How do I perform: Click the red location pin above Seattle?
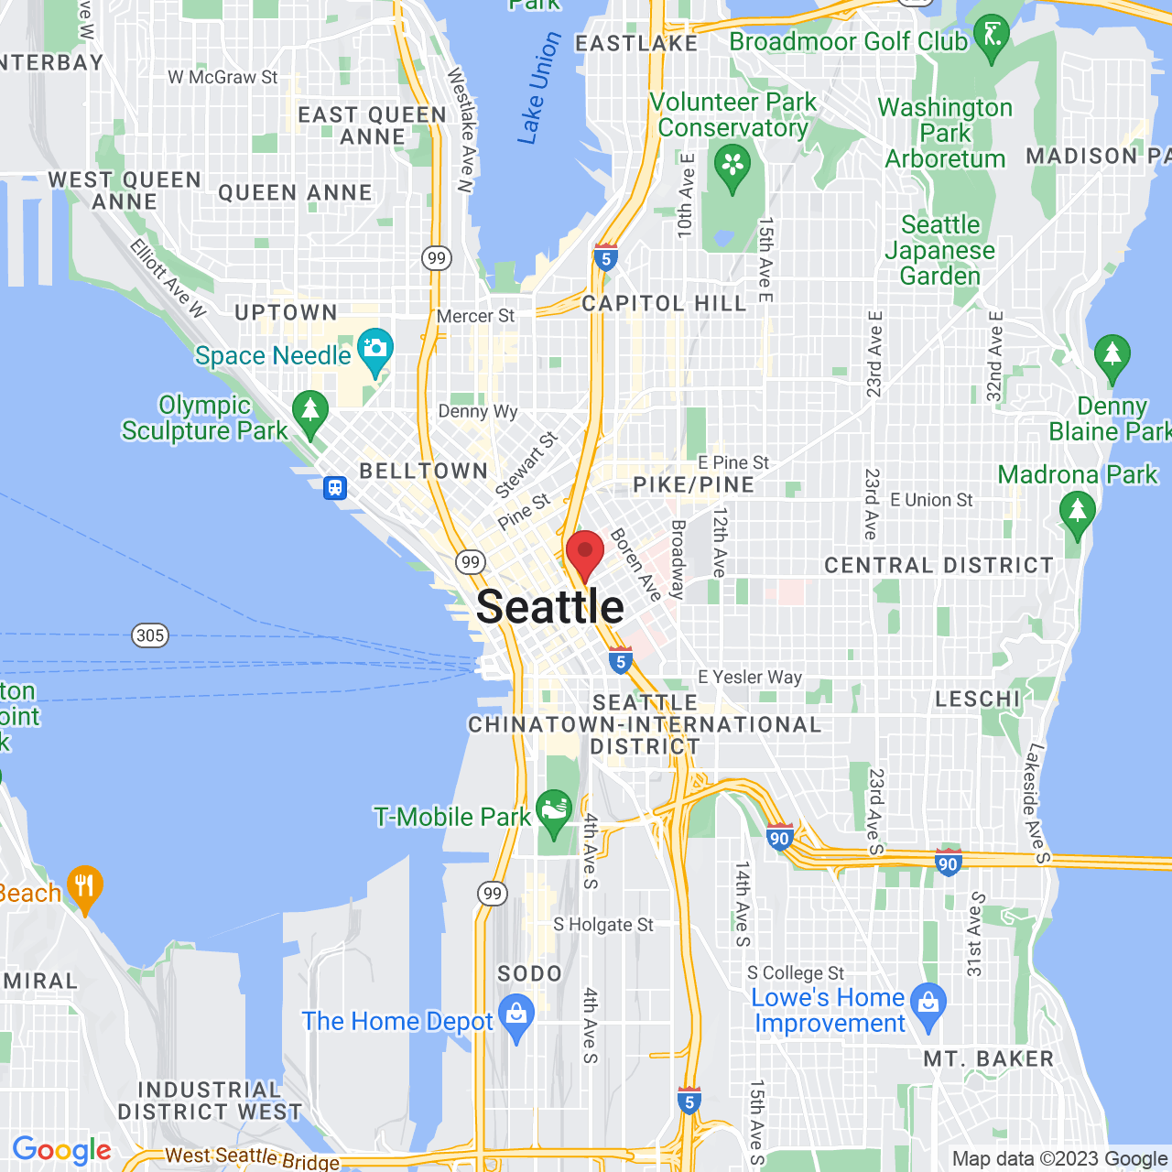pyautogui.click(x=585, y=553)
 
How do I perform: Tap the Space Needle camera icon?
pyautogui.click(x=374, y=350)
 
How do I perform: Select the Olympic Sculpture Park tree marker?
pyautogui.click(x=309, y=412)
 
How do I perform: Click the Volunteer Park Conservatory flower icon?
pyautogui.click(x=732, y=168)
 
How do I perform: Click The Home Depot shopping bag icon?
pyautogui.click(x=517, y=1015)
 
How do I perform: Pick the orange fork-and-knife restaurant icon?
pyautogui.click(x=84, y=886)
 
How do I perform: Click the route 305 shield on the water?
pyautogui.click(x=150, y=635)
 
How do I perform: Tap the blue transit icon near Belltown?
pyautogui.click(x=335, y=487)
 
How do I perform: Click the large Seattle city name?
pyautogui.click(x=550, y=607)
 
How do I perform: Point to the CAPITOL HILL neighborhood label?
pyautogui.click(x=665, y=304)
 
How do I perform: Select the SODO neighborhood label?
pyautogui.click(x=529, y=973)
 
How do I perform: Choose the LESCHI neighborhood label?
pyautogui.click(x=977, y=700)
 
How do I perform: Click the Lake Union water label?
pyautogui.click(x=539, y=89)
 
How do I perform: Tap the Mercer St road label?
pyautogui.click(x=475, y=316)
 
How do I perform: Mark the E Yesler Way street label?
pyautogui.click(x=750, y=678)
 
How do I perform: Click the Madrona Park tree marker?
pyautogui.click(x=1077, y=512)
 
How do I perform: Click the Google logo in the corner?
pyautogui.click(x=61, y=1150)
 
